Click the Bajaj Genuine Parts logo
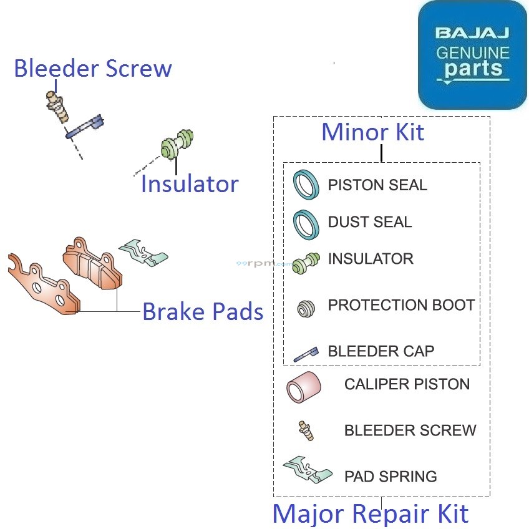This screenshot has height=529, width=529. pos(472,55)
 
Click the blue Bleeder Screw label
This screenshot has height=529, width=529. pos(93,69)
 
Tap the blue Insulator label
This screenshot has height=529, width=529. pos(190,184)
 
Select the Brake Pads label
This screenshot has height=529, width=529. pos(203,311)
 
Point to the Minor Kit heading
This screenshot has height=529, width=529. pos(372,132)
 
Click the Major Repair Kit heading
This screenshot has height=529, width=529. pos(371,514)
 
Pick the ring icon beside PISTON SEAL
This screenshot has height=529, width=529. pos(306,185)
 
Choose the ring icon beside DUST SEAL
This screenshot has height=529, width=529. pos(306,223)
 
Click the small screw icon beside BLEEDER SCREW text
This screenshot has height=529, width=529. pos(306,430)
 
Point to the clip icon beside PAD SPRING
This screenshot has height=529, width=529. pos(308,472)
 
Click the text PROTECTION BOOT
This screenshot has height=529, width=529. pos(401,305)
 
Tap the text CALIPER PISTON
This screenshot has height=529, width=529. pos(407,384)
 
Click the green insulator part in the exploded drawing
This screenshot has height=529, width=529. pos(178,145)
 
